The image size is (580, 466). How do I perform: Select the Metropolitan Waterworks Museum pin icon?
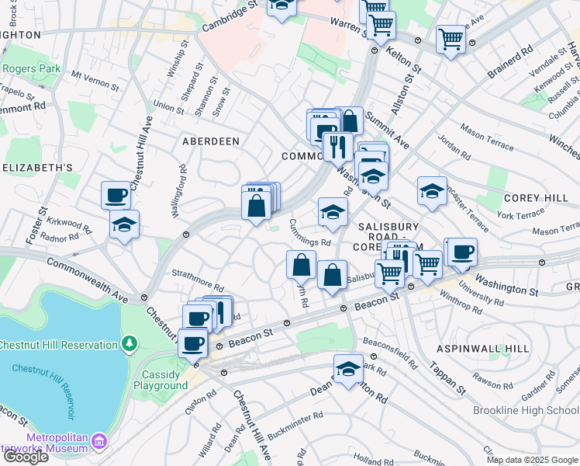99,443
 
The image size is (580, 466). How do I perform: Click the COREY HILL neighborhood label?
537,198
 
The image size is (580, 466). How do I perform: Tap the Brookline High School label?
526,409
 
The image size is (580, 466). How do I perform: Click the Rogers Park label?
31,68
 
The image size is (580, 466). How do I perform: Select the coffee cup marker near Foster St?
116,194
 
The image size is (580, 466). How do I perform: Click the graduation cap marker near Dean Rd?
349,368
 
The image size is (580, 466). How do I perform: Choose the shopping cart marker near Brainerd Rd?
450,37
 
